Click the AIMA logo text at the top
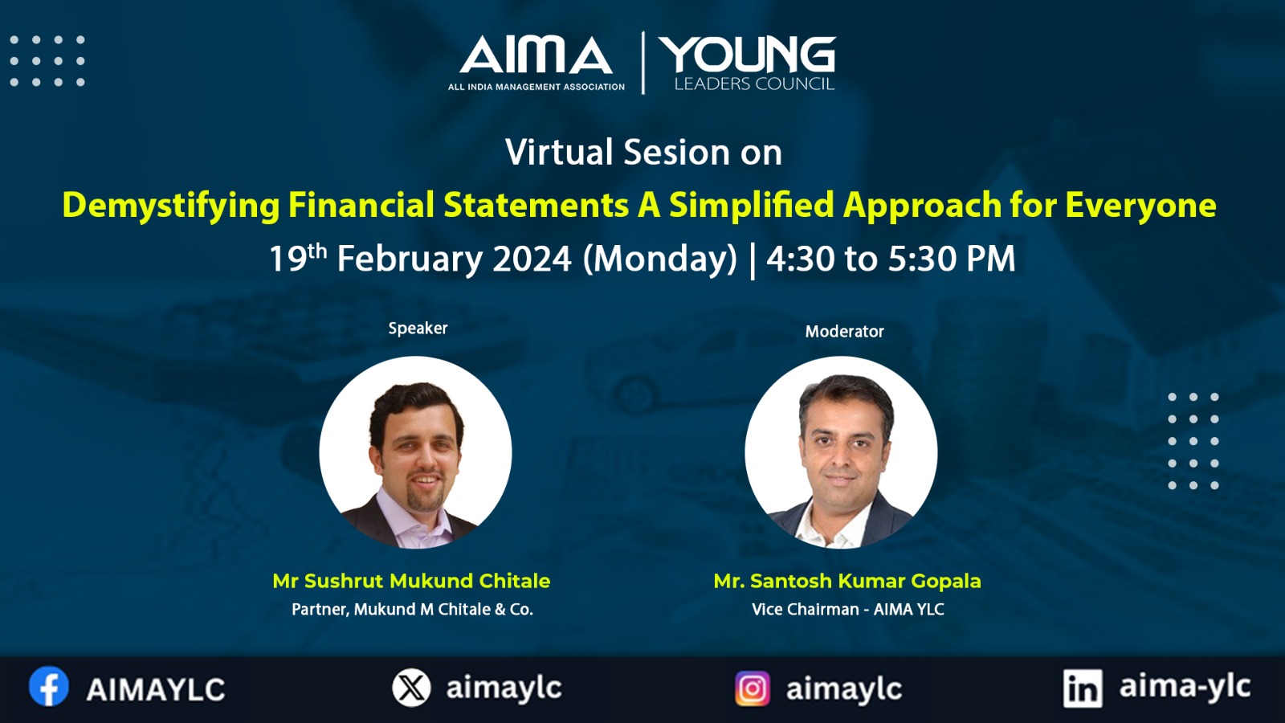tap(536, 55)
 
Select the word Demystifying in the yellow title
tap(171, 206)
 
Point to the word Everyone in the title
tap(1140, 205)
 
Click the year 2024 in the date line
tap(532, 259)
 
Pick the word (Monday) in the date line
tap(659, 259)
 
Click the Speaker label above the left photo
tap(418, 329)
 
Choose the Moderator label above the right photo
tap(844, 332)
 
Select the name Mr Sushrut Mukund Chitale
tap(411, 581)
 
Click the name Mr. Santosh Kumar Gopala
tap(847, 581)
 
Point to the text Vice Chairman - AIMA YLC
tap(848, 610)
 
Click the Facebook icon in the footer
tap(49, 686)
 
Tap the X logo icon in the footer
tap(411, 688)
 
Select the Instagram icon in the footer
tap(752, 688)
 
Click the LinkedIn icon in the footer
tap(1083, 688)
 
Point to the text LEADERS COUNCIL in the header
tap(754, 84)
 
